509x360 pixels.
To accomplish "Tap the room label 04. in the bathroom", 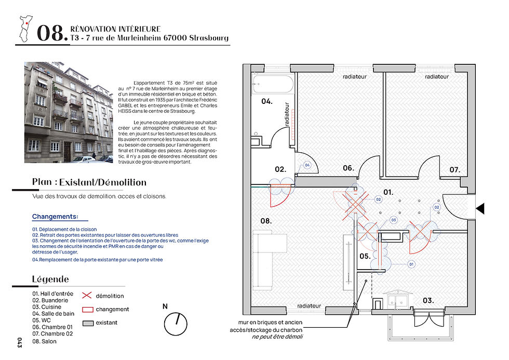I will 267,101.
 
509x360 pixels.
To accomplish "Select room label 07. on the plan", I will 455,169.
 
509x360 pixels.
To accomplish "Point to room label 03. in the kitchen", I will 428,300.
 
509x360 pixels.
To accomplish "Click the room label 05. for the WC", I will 365,256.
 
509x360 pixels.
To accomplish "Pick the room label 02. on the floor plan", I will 280,169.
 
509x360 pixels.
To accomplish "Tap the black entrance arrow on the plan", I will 480,208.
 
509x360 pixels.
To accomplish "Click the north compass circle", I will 176,325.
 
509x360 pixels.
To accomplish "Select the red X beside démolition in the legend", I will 87,296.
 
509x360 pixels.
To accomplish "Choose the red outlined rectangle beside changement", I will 87,309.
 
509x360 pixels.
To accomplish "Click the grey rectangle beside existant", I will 87,323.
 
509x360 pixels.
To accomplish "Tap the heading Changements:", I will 55,216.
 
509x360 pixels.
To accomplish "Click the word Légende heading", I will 50,279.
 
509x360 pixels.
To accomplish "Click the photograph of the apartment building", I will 68,112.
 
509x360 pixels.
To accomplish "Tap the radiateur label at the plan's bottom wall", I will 309,305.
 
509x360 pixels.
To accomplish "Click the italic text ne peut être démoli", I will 277,337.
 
